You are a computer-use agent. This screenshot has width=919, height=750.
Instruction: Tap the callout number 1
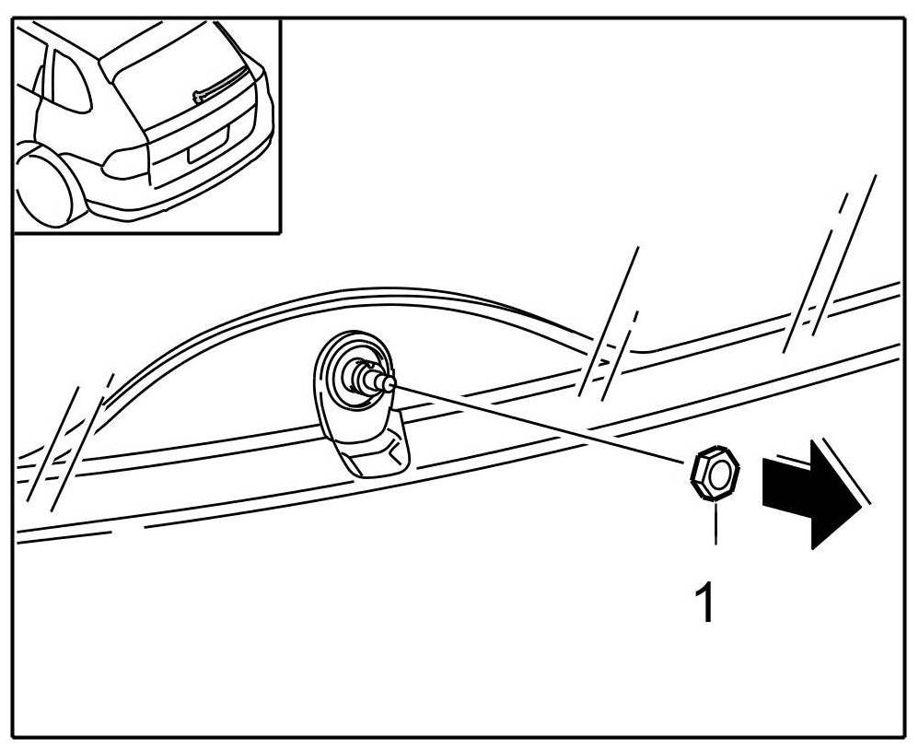coord(704,604)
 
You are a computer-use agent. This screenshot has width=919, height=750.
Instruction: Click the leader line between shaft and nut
coord(543,424)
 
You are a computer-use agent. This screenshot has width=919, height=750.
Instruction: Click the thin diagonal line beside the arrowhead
coord(845,475)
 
